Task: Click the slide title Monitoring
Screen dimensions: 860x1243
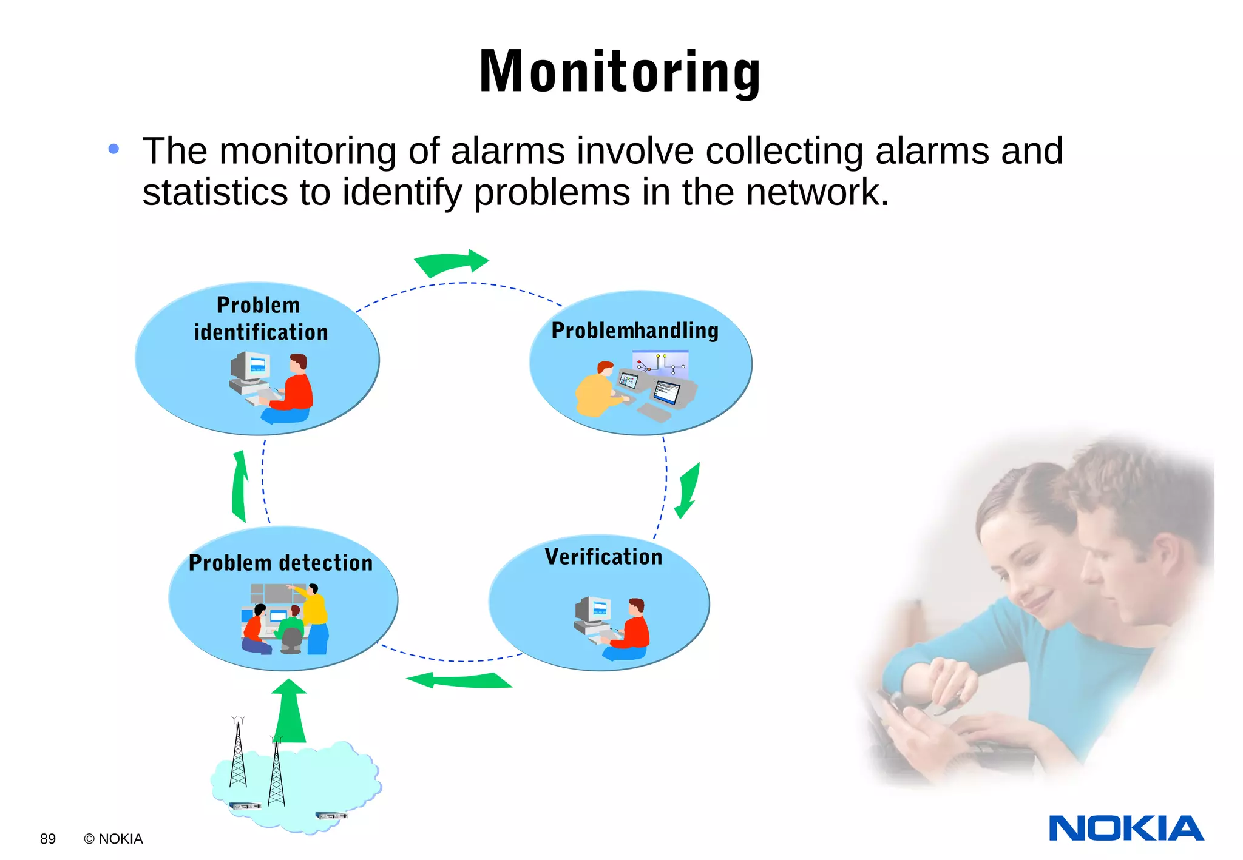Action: tap(620, 72)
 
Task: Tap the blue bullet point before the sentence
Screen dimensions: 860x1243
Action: tap(113, 149)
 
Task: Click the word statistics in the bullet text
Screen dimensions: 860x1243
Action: tap(215, 192)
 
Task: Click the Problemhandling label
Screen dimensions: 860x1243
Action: tap(635, 331)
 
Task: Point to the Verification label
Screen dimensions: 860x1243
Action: tap(603, 557)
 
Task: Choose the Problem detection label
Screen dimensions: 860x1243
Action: tap(280, 563)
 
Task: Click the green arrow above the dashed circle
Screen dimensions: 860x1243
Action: tap(452, 263)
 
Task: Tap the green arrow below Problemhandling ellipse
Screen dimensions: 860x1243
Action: tap(688, 491)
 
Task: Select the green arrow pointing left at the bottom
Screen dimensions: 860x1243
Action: tap(459, 680)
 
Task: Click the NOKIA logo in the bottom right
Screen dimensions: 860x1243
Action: tap(1126, 828)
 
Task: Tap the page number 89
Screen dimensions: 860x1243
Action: tap(48, 839)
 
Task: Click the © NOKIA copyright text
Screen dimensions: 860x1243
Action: tap(113, 839)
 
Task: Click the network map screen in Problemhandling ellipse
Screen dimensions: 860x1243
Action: tap(660, 363)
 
